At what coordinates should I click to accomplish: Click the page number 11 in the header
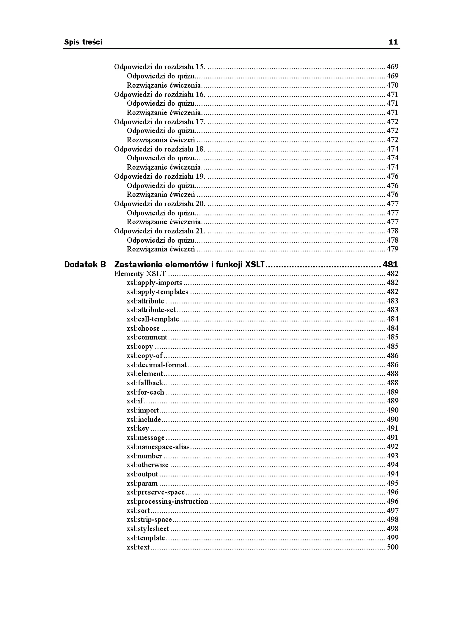tap(393, 42)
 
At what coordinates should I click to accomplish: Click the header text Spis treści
tap(83, 42)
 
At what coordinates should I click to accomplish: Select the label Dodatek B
tap(85, 264)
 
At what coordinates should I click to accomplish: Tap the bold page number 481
tap(390, 264)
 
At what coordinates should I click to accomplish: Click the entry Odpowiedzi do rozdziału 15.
tap(159, 67)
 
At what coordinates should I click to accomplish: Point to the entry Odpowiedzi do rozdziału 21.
tap(159, 231)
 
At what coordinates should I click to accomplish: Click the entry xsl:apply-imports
tap(154, 283)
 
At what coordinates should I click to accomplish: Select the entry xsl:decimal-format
tap(156, 365)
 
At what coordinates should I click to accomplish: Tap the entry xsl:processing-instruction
tap(167, 501)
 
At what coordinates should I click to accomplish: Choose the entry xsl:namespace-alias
tap(158, 447)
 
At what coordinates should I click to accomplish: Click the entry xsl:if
tap(135, 401)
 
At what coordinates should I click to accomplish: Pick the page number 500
tap(392, 547)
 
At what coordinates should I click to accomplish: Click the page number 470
tap(392, 85)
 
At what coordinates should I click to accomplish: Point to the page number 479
tap(392, 249)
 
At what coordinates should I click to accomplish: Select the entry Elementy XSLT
tap(140, 274)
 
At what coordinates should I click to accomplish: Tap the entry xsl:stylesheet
tap(148, 529)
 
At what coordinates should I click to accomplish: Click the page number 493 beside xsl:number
tap(392, 456)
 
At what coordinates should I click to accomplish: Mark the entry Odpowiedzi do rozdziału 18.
tap(159, 149)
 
